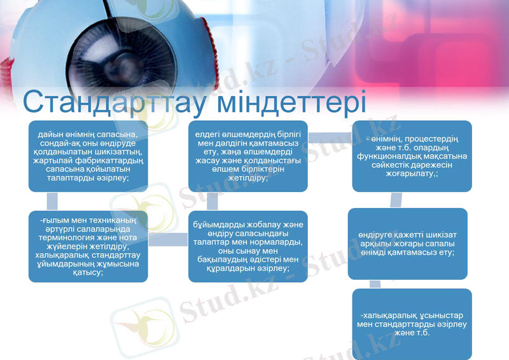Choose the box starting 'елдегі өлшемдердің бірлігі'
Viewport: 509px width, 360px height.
click(248, 156)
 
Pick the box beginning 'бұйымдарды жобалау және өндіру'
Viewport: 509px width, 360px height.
click(248, 246)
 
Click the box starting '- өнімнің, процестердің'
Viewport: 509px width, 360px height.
click(412, 156)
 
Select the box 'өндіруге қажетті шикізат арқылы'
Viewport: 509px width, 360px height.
click(407, 244)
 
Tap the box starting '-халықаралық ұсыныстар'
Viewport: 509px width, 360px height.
click(412, 324)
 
